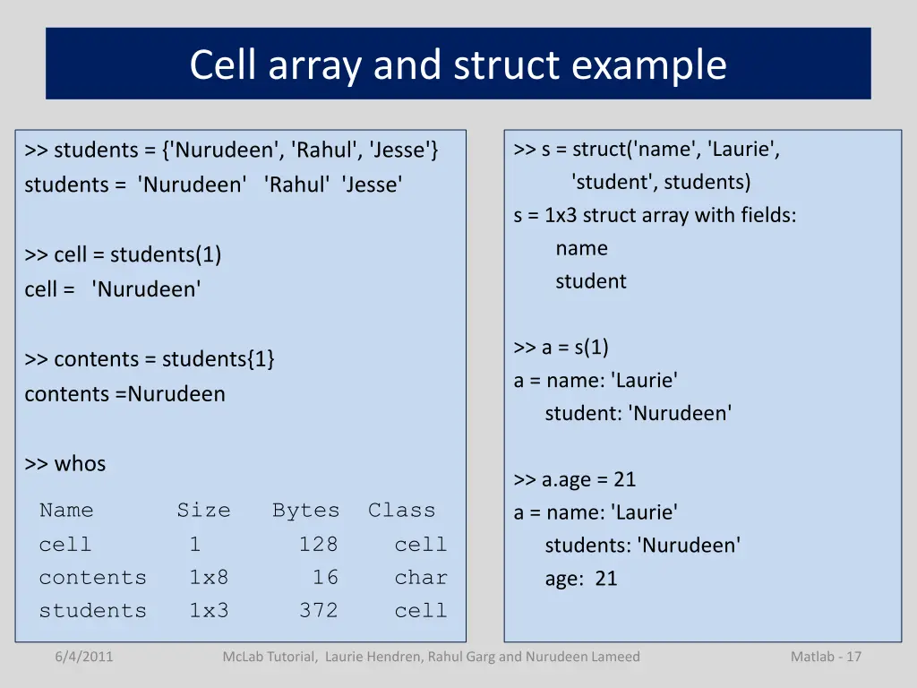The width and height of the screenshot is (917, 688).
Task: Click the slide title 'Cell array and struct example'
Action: tap(458, 64)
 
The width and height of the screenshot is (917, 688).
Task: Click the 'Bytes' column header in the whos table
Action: tap(305, 511)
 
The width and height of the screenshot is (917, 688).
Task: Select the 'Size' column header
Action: tap(203, 511)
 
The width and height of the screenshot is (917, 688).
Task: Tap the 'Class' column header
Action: tap(401, 511)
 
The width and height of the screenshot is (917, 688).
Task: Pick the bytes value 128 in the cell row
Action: tap(318, 545)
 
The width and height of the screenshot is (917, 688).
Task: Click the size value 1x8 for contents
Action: tap(208, 578)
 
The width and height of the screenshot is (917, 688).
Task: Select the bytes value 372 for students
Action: tap(318, 611)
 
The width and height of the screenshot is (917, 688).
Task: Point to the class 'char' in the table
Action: tap(420, 578)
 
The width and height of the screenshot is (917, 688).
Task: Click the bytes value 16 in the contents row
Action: tap(325, 578)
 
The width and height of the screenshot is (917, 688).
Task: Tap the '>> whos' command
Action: tap(65, 464)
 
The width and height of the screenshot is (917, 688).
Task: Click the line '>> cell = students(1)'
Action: tap(123, 254)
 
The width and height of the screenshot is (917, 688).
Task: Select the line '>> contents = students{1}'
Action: tap(150, 359)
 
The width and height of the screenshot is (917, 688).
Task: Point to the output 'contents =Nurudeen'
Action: tap(124, 394)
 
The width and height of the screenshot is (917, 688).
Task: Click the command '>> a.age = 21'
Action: tap(574, 480)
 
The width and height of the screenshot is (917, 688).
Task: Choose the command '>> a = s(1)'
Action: tap(561, 348)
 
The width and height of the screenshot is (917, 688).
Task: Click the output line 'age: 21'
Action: tap(581, 579)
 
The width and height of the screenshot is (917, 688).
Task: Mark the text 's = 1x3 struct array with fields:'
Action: tap(655, 216)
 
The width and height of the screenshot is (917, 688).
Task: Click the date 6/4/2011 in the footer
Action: tap(83, 657)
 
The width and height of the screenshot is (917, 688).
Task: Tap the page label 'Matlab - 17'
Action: tap(826, 657)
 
